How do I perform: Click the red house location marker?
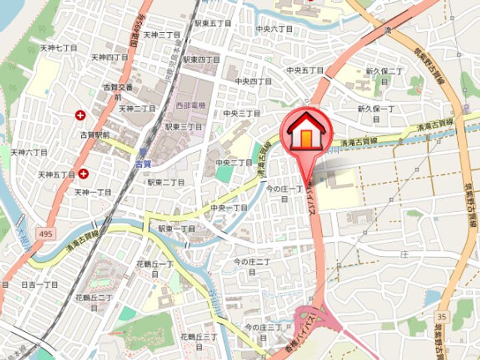pos(306,131)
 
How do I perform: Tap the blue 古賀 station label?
pos(143,163)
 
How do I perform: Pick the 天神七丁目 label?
pos(59,48)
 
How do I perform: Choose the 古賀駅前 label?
pos(95,134)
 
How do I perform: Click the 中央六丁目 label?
pos(275,29)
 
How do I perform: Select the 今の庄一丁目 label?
pos(285,193)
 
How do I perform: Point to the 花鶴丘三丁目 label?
pos(201,341)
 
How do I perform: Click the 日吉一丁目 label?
pos(39,284)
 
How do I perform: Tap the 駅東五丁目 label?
pos(213,23)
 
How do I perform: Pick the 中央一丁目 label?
pos(229,208)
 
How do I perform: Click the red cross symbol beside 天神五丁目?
pos(84,174)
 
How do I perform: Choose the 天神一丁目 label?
pos(93,192)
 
